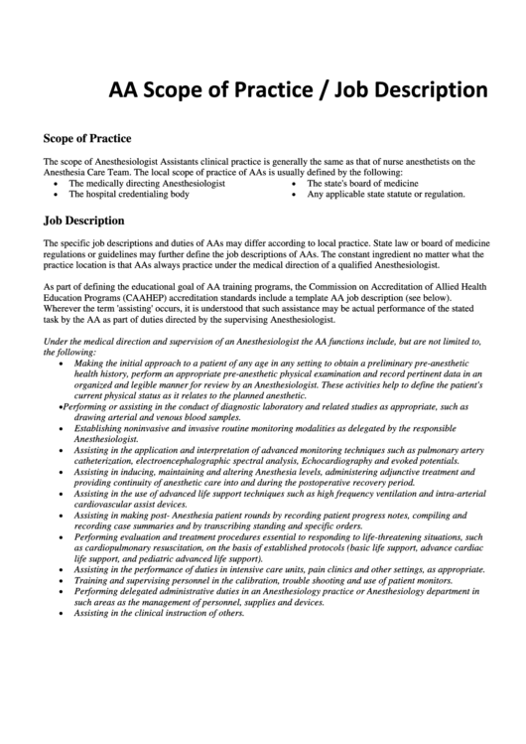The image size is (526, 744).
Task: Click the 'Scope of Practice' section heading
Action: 88,137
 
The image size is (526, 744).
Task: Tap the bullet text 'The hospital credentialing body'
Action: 128,195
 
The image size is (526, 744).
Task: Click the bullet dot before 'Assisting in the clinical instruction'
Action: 65,613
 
